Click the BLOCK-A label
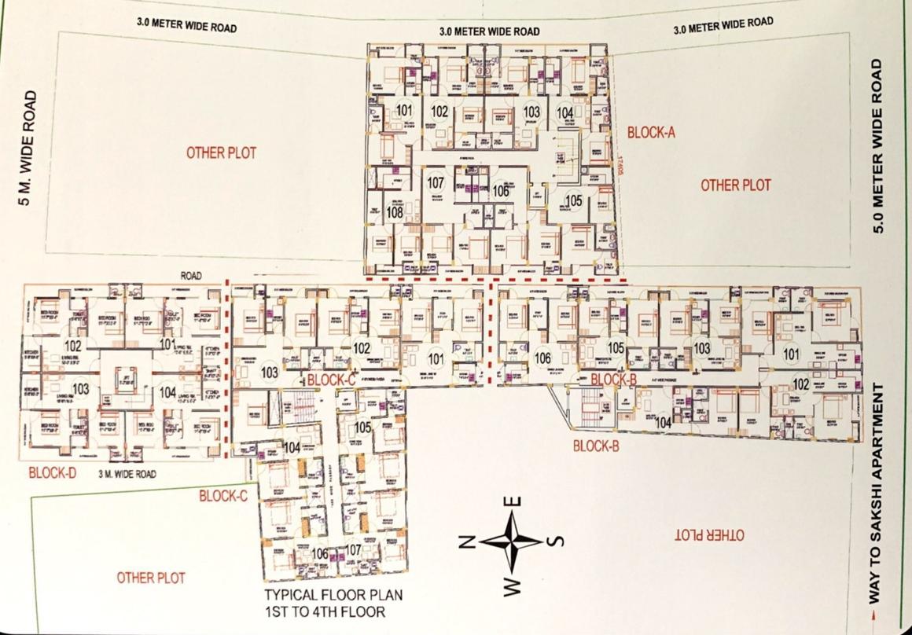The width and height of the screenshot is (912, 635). (x=652, y=133)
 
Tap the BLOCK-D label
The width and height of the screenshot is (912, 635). (x=52, y=473)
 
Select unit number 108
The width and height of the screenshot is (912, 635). (x=395, y=212)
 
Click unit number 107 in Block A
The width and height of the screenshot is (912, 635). (x=436, y=183)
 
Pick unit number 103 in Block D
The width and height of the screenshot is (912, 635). (x=80, y=390)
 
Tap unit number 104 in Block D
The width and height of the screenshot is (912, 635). (x=167, y=391)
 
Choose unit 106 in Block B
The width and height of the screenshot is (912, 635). (x=542, y=358)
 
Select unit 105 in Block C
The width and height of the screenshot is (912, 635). (x=362, y=428)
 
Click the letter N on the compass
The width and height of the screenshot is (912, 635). (x=465, y=541)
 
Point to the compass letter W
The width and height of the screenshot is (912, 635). (x=511, y=586)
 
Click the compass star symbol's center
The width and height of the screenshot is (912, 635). (x=512, y=541)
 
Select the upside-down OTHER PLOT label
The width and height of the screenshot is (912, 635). (x=709, y=535)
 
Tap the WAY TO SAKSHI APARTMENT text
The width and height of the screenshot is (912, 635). (x=880, y=493)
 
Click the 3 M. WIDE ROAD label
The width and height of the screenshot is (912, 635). (x=127, y=474)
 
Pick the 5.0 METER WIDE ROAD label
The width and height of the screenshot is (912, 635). (x=880, y=146)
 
